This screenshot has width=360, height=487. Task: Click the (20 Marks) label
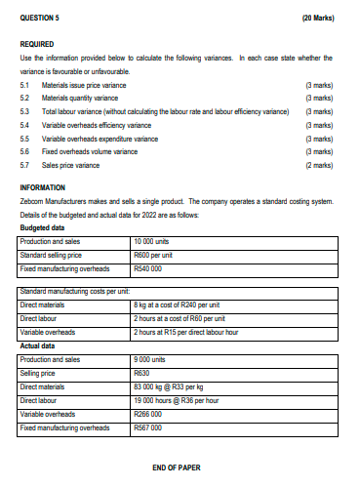(x=319, y=18)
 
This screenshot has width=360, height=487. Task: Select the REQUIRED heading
(x=39, y=46)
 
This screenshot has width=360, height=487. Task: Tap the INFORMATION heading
(x=46, y=186)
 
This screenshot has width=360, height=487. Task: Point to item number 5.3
(x=25, y=112)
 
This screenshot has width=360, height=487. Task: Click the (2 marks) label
(x=320, y=167)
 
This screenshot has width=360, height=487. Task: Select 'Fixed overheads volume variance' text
(x=95, y=153)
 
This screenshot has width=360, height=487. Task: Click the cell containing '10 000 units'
(x=156, y=240)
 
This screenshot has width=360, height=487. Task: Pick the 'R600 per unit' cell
(x=156, y=254)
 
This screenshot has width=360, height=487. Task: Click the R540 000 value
(x=151, y=267)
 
